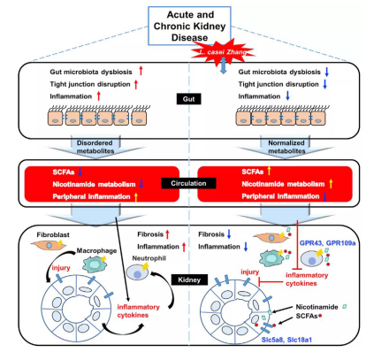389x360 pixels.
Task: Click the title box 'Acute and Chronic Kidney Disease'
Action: pos(189,26)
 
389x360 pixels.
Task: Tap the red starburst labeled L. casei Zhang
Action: pos(223,52)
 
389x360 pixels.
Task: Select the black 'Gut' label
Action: pos(188,99)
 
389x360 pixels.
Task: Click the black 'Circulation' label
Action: pos(188,183)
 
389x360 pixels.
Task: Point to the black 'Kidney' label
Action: pos(189,280)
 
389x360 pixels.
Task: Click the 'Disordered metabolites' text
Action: pos(95,147)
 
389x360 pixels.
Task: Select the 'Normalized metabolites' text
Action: pos(286,147)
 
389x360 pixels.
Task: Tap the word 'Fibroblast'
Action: pos(53,234)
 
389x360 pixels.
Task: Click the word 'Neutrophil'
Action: pos(149,258)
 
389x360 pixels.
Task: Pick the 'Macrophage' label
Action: pos(96,250)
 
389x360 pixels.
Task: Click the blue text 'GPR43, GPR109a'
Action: pos(327,243)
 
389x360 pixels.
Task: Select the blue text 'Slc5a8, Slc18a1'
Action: pos(286,340)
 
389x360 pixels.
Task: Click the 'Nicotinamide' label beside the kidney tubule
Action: pos(317,307)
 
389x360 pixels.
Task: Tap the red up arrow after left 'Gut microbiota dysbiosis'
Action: pos(141,71)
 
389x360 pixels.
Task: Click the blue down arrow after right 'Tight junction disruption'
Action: pos(325,84)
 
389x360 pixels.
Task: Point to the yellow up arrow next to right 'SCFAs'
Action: pos(269,171)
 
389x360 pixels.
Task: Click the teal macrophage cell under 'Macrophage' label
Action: pos(94,264)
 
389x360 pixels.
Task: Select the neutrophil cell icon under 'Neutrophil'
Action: pos(137,272)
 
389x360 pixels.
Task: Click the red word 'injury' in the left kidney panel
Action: pos(61,268)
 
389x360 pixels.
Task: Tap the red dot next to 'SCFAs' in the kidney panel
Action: pos(320,316)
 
